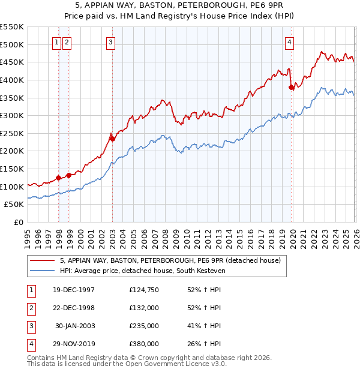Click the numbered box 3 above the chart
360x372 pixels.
112,42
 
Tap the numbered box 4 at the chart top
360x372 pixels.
290,42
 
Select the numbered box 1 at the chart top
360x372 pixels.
57,42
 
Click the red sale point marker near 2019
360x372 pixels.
292,87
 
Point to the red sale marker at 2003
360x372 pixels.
112,139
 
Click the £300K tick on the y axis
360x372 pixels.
13,115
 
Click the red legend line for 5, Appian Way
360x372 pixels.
43,260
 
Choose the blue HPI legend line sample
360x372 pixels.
43,270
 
